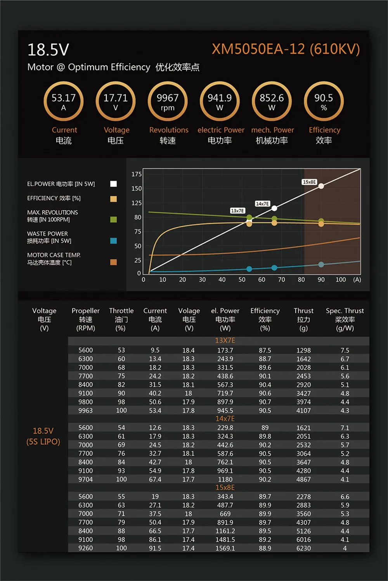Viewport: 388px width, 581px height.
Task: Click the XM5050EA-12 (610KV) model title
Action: [286, 49]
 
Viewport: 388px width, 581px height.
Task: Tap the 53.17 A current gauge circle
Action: [64, 101]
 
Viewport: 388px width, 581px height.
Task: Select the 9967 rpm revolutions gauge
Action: [168, 101]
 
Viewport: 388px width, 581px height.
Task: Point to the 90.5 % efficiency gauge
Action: [324, 101]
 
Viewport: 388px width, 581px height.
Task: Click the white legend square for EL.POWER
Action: [113, 184]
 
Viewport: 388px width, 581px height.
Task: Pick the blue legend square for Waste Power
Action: [113, 241]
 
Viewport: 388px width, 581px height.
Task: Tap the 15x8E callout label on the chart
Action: [309, 182]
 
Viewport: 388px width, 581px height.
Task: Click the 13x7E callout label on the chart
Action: [237, 211]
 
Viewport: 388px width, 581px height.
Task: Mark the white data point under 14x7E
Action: [274, 209]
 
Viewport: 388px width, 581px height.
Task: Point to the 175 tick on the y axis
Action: [137, 174]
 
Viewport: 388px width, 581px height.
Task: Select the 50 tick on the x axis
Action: [242, 280]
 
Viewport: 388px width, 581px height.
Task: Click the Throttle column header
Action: [121, 319]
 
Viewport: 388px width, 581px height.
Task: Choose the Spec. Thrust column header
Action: [345, 319]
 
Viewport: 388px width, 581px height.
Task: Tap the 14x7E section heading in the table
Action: [225, 419]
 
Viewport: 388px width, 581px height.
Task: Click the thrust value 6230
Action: [303, 548]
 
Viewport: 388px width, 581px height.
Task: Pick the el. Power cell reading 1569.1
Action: [225, 548]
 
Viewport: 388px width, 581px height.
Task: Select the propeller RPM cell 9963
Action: [85, 411]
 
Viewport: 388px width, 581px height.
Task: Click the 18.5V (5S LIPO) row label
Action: [43, 436]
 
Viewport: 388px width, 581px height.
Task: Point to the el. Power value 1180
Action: [225, 480]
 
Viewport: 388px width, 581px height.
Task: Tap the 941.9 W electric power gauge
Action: [220, 101]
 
